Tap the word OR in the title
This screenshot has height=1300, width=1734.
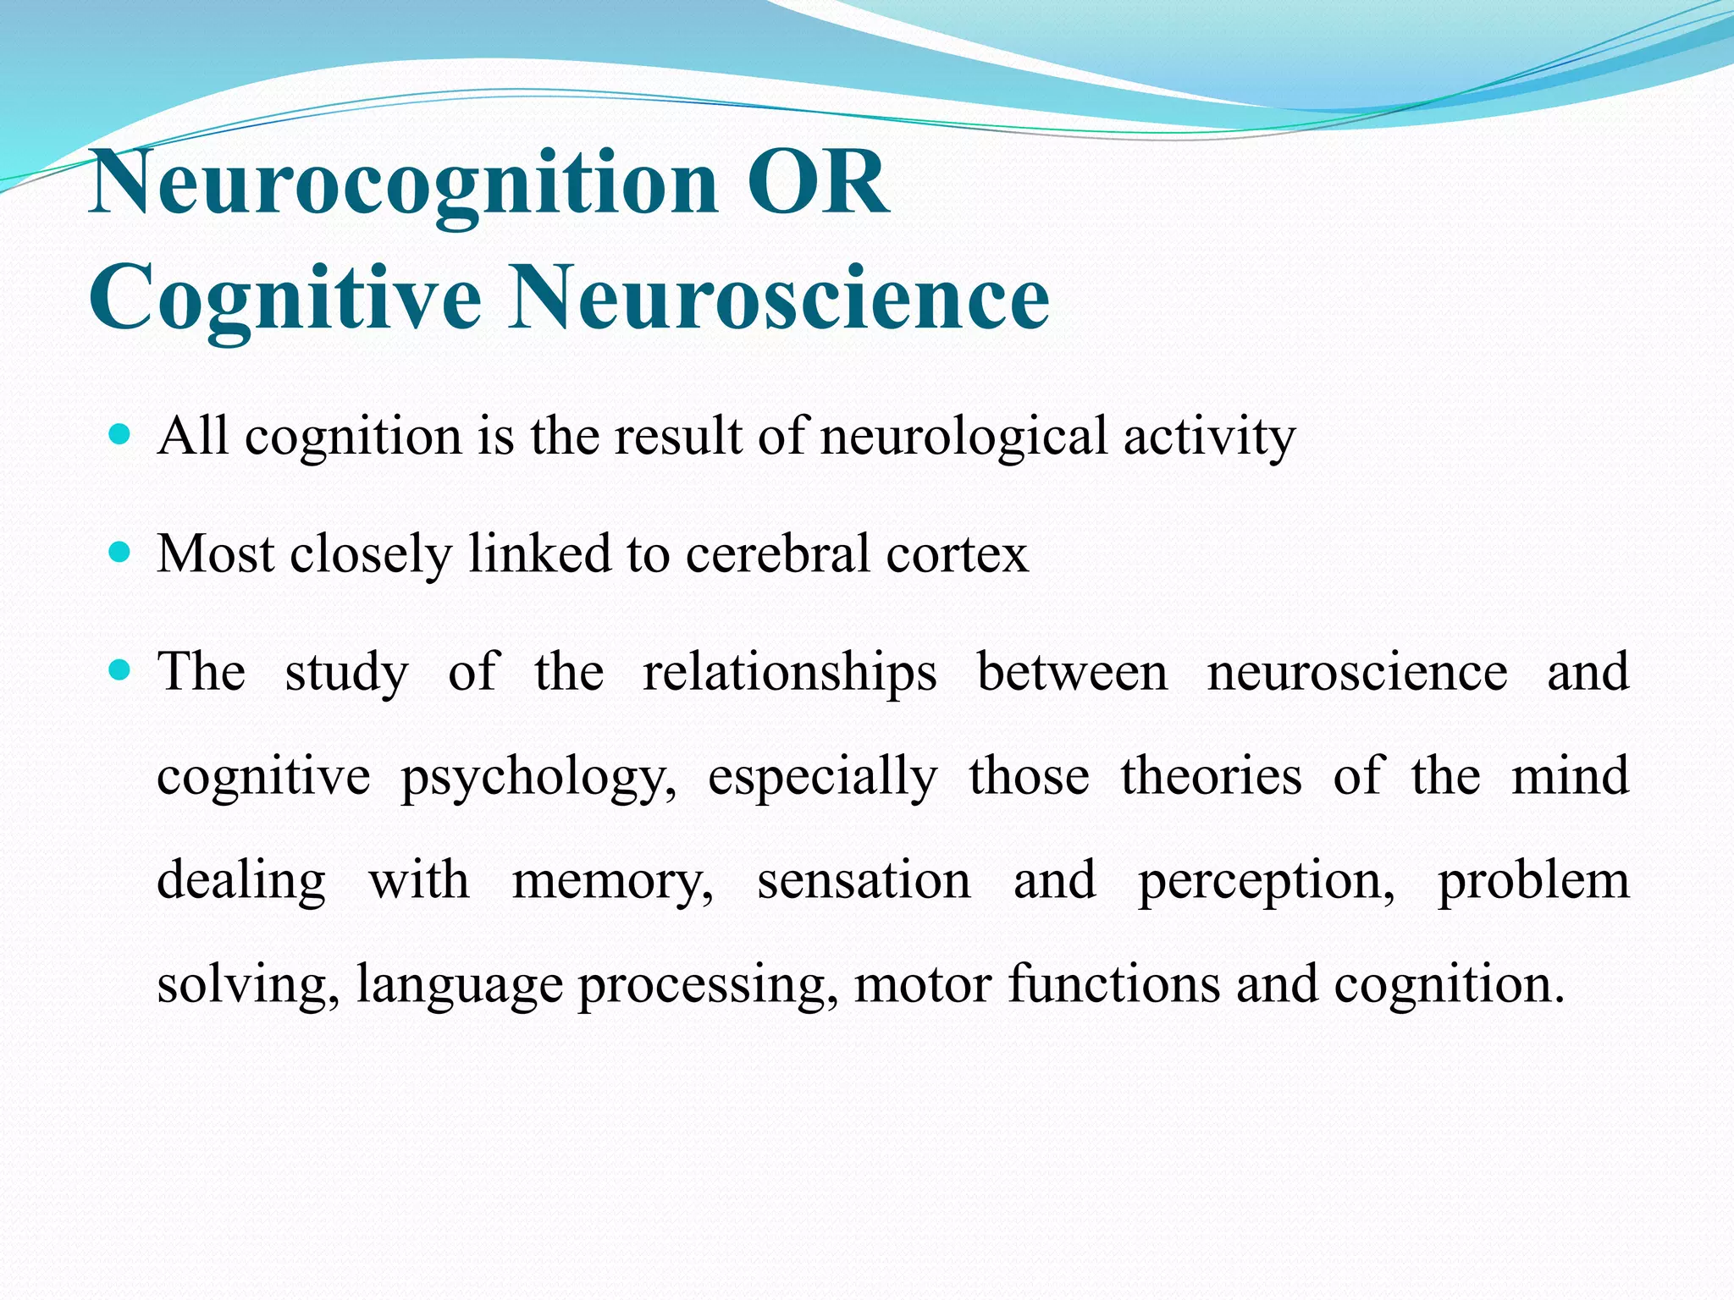(817, 182)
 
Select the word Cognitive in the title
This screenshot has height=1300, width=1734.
(285, 298)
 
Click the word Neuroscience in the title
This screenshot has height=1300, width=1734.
(779, 298)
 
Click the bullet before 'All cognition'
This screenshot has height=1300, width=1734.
(120, 436)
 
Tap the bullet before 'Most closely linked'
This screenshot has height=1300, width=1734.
(120, 554)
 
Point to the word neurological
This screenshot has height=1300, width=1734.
(964, 437)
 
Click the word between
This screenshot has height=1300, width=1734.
(1072, 672)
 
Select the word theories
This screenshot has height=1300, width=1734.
(1211, 776)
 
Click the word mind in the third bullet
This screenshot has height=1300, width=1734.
(1570, 776)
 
